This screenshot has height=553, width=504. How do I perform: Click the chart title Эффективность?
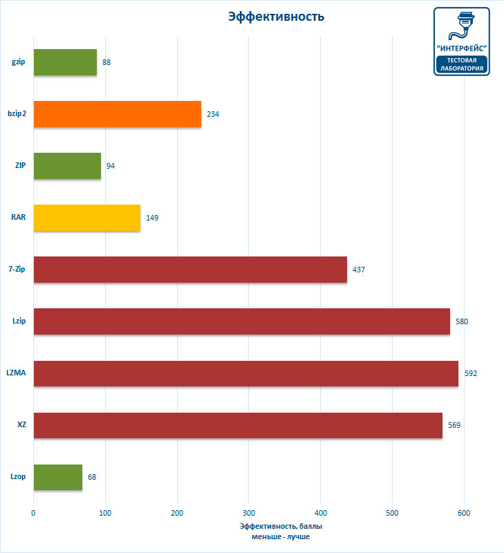[276, 17]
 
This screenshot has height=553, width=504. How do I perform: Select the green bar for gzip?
[65, 62]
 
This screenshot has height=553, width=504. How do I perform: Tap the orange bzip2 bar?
[117, 114]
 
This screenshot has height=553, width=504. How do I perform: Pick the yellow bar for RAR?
[86, 218]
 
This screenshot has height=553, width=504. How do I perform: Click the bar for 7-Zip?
[190, 270]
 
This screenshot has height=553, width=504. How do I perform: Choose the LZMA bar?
[245, 373]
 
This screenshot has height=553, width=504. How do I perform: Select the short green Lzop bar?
[57, 477]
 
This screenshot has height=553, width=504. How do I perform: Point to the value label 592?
[470, 373]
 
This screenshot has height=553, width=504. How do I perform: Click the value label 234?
[213, 114]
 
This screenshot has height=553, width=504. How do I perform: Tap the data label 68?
[92, 477]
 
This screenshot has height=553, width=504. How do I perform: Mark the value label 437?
[359, 270]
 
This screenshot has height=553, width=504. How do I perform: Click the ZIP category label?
[20, 166]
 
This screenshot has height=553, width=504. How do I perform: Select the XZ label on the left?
[21, 425]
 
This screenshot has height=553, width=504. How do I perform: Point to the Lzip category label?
[19, 321]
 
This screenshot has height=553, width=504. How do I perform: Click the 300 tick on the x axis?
[249, 513]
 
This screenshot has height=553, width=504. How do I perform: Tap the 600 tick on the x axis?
[464, 513]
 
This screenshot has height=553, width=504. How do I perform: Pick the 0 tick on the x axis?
[33, 513]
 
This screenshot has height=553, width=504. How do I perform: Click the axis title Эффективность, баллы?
[281, 526]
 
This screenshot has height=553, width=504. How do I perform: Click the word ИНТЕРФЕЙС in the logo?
[462, 48]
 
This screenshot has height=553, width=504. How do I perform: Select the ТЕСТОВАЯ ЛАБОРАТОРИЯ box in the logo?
[462, 64]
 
